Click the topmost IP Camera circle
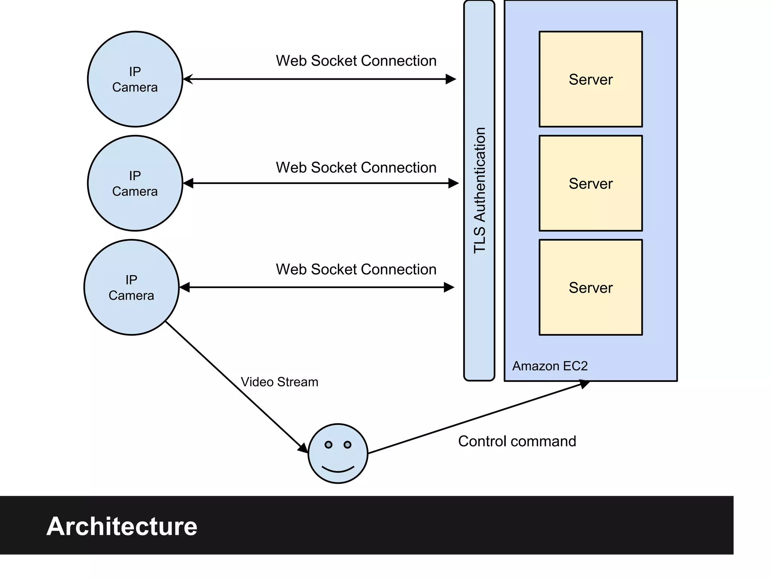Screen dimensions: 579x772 pyautogui.click(x=135, y=79)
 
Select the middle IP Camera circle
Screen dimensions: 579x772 pyautogui.click(x=135, y=183)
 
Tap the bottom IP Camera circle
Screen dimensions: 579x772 pyautogui.click(x=131, y=287)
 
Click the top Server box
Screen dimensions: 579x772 pyautogui.click(x=590, y=79)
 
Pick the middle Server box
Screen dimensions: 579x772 pyautogui.click(x=590, y=183)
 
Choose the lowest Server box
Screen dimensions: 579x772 pyautogui.click(x=590, y=287)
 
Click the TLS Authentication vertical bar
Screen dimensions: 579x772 pyautogui.click(x=479, y=190)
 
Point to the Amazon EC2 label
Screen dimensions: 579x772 pyautogui.click(x=550, y=366)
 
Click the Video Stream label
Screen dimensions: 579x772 pyautogui.click(x=279, y=382)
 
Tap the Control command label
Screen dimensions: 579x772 pyautogui.click(x=517, y=441)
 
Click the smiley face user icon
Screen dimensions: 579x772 pyautogui.click(x=338, y=453)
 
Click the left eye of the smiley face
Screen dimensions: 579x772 pyautogui.click(x=328, y=445)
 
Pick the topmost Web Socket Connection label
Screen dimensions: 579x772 pyautogui.click(x=356, y=61)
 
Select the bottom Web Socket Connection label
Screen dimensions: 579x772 pyautogui.click(x=356, y=270)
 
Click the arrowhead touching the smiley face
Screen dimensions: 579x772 pyautogui.click(x=303, y=448)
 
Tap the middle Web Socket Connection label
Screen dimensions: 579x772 pyautogui.click(x=356, y=168)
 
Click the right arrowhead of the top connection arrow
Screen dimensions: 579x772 pyautogui.click(x=451, y=79)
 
